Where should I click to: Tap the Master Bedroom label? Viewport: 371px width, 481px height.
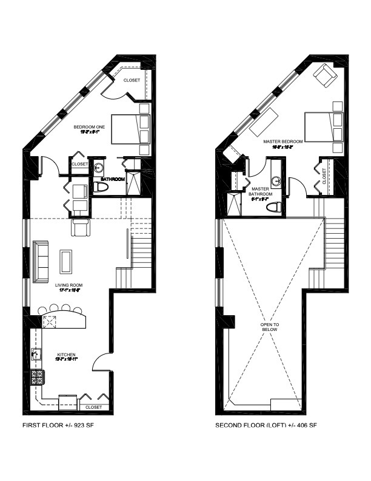[279, 142]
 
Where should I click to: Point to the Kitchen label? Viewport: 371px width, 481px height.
[66, 354]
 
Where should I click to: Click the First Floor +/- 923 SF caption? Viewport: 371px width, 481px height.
[58, 425]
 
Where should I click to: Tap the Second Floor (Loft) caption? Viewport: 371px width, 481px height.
[266, 425]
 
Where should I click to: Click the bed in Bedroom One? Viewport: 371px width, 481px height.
[129, 129]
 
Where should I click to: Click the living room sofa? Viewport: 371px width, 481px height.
[41, 261]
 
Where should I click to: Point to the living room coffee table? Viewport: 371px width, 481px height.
[65, 261]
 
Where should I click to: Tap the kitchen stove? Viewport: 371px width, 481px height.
[37, 378]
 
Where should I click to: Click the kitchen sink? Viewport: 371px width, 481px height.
[36, 355]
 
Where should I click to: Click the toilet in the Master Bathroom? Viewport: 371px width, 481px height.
[274, 207]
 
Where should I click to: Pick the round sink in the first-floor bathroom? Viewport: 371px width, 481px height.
[98, 168]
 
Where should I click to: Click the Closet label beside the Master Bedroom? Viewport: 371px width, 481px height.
[324, 176]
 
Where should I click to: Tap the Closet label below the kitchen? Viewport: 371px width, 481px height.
[93, 407]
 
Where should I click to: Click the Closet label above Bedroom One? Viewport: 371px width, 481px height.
[132, 80]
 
